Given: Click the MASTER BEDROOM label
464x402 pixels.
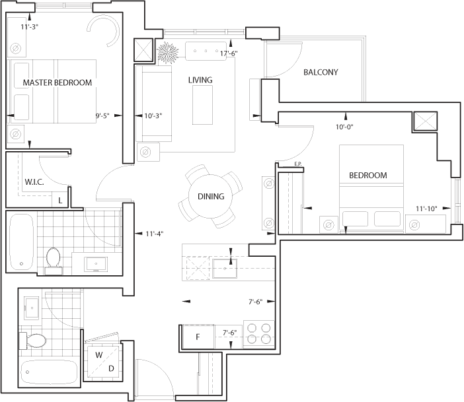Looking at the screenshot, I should tap(58, 83).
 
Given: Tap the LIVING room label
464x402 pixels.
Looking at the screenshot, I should tap(200, 80).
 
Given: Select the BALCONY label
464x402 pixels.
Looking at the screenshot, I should tap(321, 72).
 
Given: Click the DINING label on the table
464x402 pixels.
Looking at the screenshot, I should tap(211, 196).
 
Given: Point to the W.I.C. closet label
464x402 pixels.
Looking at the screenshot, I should tap(34, 182).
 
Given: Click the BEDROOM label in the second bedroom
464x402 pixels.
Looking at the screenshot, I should tap(368, 176).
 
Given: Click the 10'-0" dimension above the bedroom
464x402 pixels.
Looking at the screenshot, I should tap(345, 127).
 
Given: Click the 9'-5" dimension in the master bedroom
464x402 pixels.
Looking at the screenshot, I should tap(104, 116).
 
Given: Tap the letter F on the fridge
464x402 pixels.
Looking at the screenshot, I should tap(197, 337).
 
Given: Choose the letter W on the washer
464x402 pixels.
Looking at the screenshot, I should tap(98, 355).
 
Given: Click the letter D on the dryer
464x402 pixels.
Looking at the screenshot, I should tap(111, 368).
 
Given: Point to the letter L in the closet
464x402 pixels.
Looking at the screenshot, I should tap(60, 199).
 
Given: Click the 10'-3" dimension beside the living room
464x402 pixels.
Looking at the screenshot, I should tap(153, 116).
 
